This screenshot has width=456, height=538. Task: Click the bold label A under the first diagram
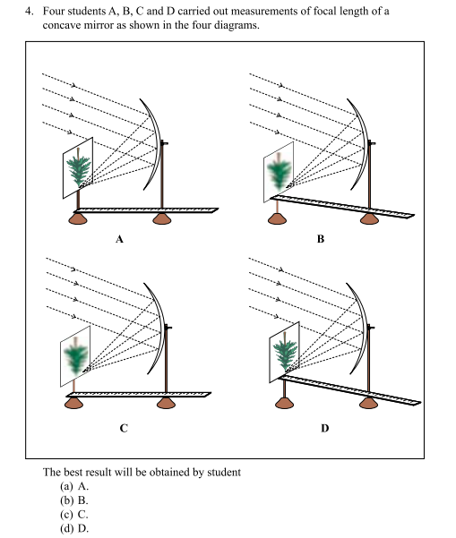[119, 239]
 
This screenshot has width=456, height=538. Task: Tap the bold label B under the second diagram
[321, 239]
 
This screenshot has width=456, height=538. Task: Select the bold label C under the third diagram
[124, 428]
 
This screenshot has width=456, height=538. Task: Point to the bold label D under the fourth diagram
[325, 428]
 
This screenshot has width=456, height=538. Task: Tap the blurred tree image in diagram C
[76, 356]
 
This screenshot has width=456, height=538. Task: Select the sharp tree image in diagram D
[285, 351]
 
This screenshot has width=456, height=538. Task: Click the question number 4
[29, 12]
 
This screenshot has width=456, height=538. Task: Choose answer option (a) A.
[74, 486]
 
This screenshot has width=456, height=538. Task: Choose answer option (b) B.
[74, 500]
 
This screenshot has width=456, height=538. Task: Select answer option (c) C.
[74, 515]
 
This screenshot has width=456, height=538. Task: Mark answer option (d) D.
[74, 528]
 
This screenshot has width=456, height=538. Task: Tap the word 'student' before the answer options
[224, 472]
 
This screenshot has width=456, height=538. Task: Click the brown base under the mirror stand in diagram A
[162, 218]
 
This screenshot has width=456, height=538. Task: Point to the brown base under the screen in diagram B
[277, 218]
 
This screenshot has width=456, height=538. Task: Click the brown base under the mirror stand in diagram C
[167, 403]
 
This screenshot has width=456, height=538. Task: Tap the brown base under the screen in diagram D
[284, 403]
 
